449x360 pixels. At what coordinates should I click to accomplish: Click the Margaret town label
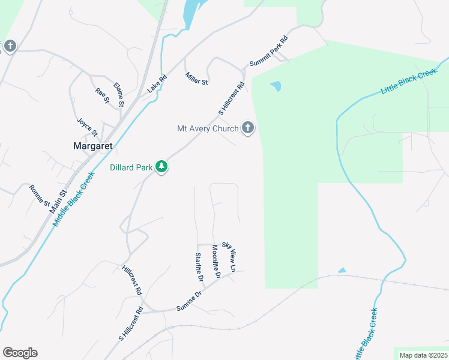coord(92,146)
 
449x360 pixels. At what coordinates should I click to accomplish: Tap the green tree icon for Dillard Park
coord(161,167)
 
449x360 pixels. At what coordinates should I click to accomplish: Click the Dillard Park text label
coord(131,167)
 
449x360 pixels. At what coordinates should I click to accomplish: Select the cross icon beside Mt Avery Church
coord(247,128)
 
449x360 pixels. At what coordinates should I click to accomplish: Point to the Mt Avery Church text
coord(208,128)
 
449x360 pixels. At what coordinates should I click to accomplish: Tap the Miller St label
coord(196,79)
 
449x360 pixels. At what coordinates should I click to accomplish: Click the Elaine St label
coord(118,95)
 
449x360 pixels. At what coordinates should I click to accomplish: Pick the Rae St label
coord(102,96)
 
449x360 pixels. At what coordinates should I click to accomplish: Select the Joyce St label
coord(86,126)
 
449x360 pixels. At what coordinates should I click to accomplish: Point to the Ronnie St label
coord(40,196)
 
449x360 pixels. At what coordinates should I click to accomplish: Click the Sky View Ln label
coord(229,255)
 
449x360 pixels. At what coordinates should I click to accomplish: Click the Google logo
coord(20,353)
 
